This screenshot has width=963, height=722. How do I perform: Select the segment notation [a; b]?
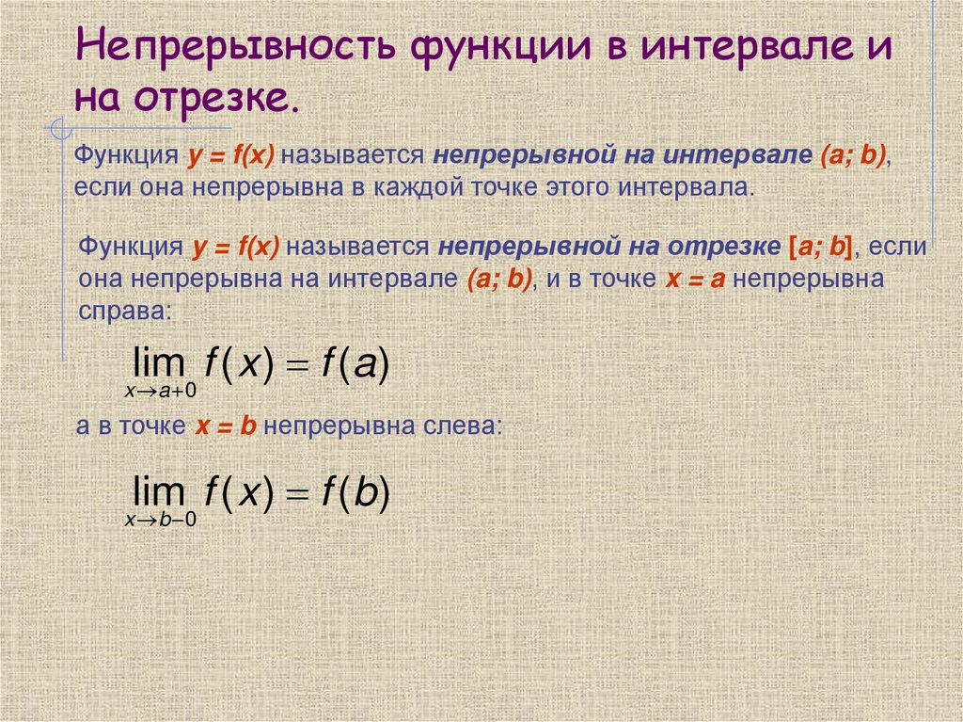pos(819,248)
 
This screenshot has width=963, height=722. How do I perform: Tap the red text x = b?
pos(226,425)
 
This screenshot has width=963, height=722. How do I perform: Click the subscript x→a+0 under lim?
pos(161,387)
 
